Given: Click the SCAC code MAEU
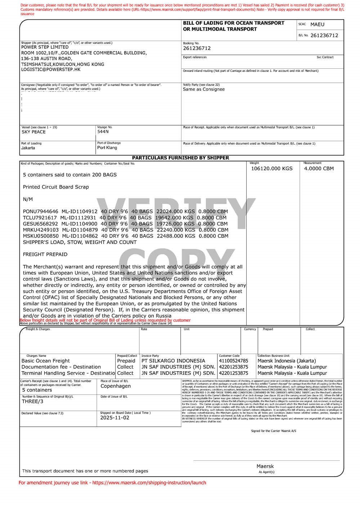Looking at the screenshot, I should click(x=317, y=24).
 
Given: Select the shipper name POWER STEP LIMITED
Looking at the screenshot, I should click(x=45, y=47).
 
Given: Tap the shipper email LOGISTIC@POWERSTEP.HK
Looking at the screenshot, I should click(x=51, y=69).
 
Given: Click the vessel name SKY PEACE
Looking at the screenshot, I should click(x=33, y=132).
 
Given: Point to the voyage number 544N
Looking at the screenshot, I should click(x=103, y=132).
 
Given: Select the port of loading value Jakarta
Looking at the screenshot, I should click(x=28, y=148).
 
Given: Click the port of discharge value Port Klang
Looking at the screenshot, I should click(x=107, y=147).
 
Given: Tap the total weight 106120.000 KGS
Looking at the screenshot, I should click(x=271, y=168).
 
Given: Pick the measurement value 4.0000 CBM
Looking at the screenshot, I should click(x=319, y=168).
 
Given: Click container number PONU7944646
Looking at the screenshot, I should click(x=40, y=212).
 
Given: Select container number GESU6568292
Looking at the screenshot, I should click(x=40, y=224).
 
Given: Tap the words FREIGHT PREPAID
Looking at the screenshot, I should click(x=45, y=254).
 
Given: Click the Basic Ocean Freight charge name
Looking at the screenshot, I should click(x=46, y=361).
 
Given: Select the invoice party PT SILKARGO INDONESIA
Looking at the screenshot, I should click(x=173, y=361).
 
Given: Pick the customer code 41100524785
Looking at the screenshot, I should click(x=233, y=361).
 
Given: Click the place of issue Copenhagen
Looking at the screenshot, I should click(x=116, y=386).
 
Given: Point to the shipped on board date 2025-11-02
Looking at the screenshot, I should click(x=114, y=418).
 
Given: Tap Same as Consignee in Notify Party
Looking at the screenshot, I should click(x=203, y=89).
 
